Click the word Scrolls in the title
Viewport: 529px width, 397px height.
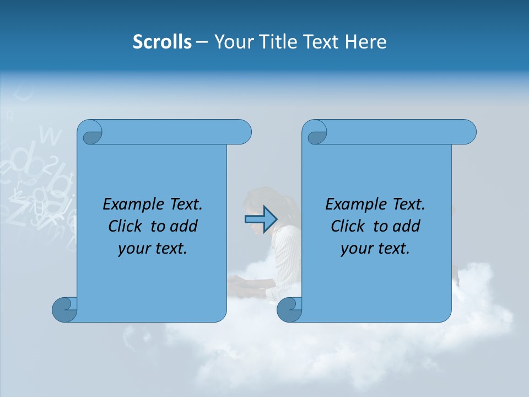coord(162,42)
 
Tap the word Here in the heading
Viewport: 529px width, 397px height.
coord(366,42)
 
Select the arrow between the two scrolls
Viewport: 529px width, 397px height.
coord(261,219)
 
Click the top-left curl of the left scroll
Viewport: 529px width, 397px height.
coord(90,133)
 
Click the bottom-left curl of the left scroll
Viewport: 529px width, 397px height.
coord(64,309)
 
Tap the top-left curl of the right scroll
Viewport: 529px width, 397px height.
coord(316,133)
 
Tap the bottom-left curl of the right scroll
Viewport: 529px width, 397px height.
coord(289,309)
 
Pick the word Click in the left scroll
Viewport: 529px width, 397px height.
coord(126,227)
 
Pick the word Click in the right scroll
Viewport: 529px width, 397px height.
coord(348,227)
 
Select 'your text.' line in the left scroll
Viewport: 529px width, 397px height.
coord(153,249)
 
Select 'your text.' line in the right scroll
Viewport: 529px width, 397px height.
coord(375,249)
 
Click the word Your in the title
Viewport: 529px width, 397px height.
coord(232,42)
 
